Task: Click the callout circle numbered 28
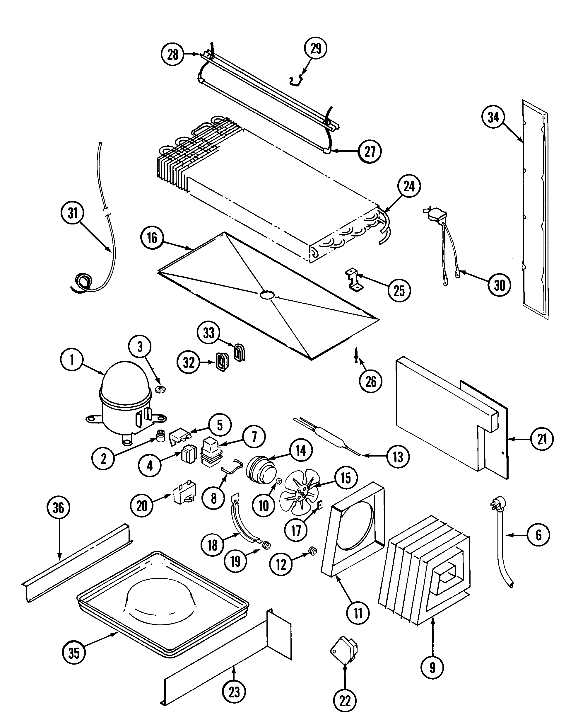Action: pos(172,54)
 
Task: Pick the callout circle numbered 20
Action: pos(142,506)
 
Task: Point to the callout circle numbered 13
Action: pos(398,457)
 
